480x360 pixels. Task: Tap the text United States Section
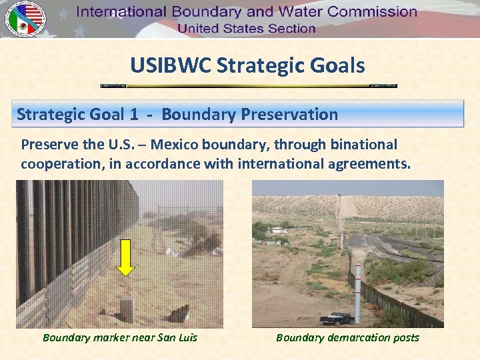pyautogui.click(x=246, y=28)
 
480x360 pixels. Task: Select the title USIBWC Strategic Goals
pyautogui.click(x=247, y=65)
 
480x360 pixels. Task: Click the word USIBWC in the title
pyautogui.click(x=171, y=65)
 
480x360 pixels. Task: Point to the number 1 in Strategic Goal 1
pyautogui.click(x=134, y=114)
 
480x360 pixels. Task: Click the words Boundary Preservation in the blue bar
pyautogui.click(x=249, y=114)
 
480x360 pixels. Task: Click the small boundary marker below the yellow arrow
pyautogui.click(x=125, y=309)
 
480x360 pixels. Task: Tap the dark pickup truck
pyautogui.click(x=337, y=318)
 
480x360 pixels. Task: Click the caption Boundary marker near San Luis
pyautogui.click(x=120, y=337)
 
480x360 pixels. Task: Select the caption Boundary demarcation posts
pyautogui.click(x=347, y=337)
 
